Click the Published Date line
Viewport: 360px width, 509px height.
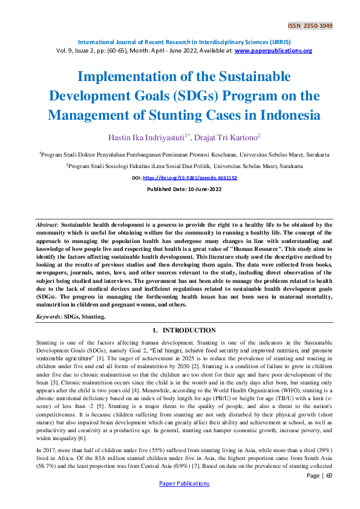coord(180,189)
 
